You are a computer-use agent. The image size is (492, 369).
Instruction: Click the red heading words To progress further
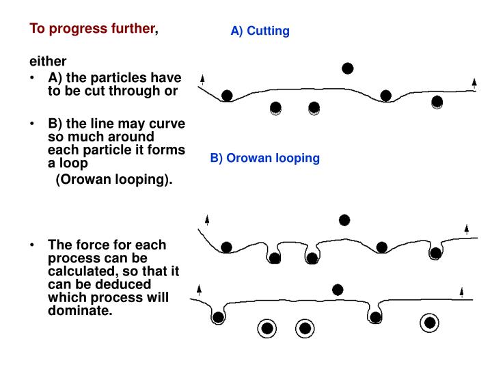92,29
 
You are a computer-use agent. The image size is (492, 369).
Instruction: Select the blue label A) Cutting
260,31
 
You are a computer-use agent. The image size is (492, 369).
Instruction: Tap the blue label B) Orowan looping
265,158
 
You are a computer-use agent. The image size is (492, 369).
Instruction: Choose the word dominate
79,311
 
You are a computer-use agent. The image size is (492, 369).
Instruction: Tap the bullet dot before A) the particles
33,77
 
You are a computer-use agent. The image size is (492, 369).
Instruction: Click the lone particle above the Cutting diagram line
348,68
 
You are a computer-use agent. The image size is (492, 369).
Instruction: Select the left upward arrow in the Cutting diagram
203,79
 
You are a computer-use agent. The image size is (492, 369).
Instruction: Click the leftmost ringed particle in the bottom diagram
268,329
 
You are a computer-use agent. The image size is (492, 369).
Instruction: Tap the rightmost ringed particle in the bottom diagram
430,323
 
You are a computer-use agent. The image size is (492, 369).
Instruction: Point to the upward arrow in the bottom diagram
462,292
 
